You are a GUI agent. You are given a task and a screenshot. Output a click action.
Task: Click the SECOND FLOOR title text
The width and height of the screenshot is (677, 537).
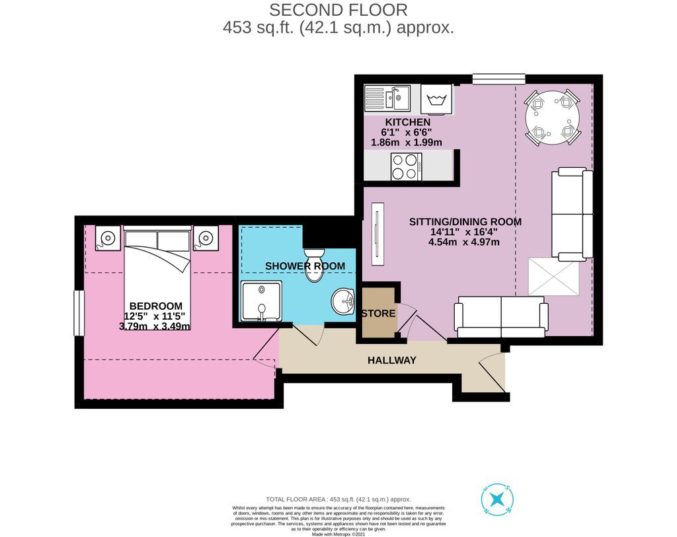pyautogui.click(x=338, y=10)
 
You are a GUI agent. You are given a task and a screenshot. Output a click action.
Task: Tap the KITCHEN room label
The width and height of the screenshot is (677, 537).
pyautogui.click(x=407, y=122)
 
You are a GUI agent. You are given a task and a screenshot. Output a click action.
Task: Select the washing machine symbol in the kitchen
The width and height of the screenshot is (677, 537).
pyautogui.click(x=436, y=99)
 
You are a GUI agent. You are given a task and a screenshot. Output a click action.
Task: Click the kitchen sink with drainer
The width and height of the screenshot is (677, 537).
pyautogui.click(x=387, y=99)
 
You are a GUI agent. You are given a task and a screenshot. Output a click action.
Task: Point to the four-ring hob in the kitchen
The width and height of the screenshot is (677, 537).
pyautogui.click(x=407, y=166)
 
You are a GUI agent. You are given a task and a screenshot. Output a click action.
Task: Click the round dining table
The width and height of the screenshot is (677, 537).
pyautogui.click(x=552, y=118)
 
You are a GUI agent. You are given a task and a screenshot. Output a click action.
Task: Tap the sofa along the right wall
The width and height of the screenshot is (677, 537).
pyautogui.click(x=572, y=213)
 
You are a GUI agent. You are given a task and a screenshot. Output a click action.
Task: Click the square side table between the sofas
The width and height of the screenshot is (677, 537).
pyautogui.click(x=553, y=277)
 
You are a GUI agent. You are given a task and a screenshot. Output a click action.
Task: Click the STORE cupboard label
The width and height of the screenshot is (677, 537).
pyautogui.click(x=379, y=313)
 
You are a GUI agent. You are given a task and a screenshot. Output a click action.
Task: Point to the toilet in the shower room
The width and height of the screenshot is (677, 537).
pyautogui.click(x=313, y=265)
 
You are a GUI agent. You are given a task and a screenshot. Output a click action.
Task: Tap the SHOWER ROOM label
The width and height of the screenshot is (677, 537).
pyautogui.click(x=305, y=266)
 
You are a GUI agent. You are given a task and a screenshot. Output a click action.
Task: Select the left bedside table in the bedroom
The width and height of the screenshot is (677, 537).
pyautogui.click(x=108, y=237)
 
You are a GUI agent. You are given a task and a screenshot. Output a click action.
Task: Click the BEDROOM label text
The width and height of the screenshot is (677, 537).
pyautogui.click(x=155, y=306)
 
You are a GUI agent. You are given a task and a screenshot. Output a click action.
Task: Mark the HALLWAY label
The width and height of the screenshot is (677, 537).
pyautogui.click(x=392, y=360)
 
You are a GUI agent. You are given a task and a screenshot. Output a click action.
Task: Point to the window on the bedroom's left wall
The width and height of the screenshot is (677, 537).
pyautogui.click(x=78, y=313)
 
